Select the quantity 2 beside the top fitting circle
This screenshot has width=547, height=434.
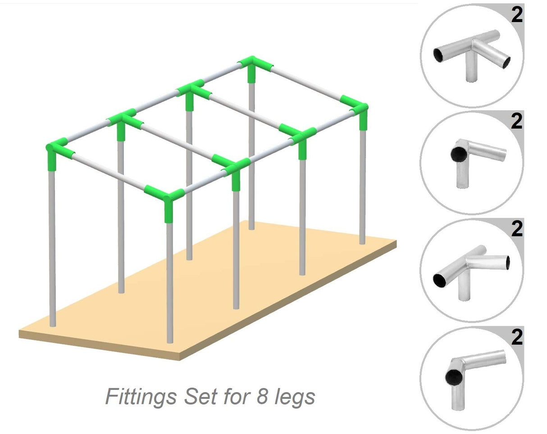(x=517, y=15)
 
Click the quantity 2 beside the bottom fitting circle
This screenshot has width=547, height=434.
(x=517, y=337)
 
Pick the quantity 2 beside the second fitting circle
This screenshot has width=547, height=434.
(x=517, y=122)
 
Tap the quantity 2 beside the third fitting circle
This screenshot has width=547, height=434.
(x=517, y=229)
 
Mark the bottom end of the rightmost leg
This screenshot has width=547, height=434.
(x=362, y=242)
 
